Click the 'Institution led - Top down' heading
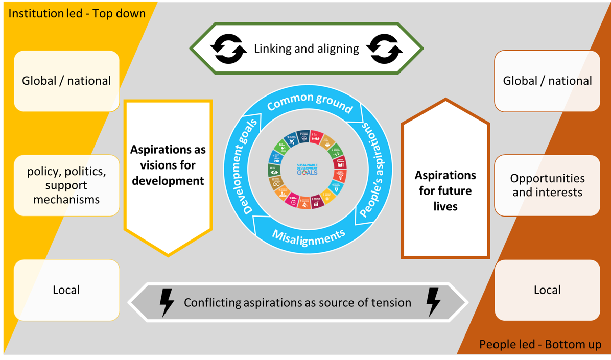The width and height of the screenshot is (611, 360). pyautogui.click(x=77, y=13)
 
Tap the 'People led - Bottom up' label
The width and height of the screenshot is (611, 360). pyautogui.click(x=540, y=345)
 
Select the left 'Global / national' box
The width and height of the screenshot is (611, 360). pyautogui.click(x=66, y=81)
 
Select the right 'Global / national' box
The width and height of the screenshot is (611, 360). pyautogui.click(x=547, y=81)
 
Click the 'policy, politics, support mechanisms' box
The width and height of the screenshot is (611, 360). pyautogui.click(x=66, y=185)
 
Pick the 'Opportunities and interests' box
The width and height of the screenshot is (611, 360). pyautogui.click(x=547, y=185)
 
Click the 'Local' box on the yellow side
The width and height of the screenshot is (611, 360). pyautogui.click(x=66, y=290)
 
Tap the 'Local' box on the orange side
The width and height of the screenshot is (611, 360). pyautogui.click(x=547, y=290)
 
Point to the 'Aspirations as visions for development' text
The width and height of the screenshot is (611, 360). pyautogui.click(x=168, y=165)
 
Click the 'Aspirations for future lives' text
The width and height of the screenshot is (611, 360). pyautogui.click(x=445, y=190)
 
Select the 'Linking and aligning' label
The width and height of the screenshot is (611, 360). pyautogui.click(x=307, y=49)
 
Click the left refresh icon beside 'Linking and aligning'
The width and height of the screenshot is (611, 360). pyautogui.click(x=228, y=49)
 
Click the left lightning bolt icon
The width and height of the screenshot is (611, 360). pyautogui.click(x=167, y=303)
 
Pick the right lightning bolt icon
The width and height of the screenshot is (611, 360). pyautogui.click(x=433, y=303)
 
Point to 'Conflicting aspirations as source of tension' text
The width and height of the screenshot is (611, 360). pyautogui.click(x=297, y=303)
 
